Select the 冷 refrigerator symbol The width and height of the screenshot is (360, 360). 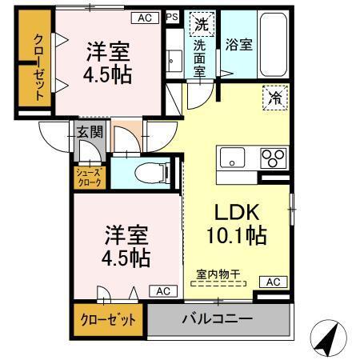tap(272, 101)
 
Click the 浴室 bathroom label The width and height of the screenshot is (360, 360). tap(238, 45)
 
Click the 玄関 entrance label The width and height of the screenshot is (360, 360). tap(90, 133)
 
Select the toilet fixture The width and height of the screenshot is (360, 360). tap(149, 171)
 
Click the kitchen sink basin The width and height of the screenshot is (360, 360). tap(232, 158)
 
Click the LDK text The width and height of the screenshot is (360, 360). tap(236, 213)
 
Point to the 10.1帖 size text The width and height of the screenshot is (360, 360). tap(236, 237)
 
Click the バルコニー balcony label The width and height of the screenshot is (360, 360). tap(217, 318)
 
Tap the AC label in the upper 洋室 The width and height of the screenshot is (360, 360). tap(144, 17)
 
